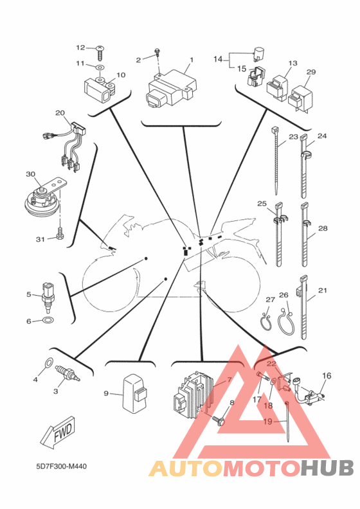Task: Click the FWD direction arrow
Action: pyautogui.click(x=58, y=433)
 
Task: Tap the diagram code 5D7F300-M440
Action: pyautogui.click(x=61, y=467)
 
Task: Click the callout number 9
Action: pyautogui.click(x=106, y=393)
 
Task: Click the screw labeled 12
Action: pyautogui.click(x=100, y=53)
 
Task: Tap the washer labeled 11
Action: pyautogui.click(x=100, y=67)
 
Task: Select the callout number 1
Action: pyautogui.click(x=192, y=59)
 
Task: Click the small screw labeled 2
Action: pyautogui.click(x=157, y=52)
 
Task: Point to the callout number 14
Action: pyautogui.click(x=218, y=59)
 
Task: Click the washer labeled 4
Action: pyautogui.click(x=49, y=362)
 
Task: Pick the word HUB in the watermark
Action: pyautogui.click(x=327, y=469)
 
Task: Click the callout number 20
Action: pyautogui.click(x=60, y=113)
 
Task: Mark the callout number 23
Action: pyautogui.click(x=293, y=137)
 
